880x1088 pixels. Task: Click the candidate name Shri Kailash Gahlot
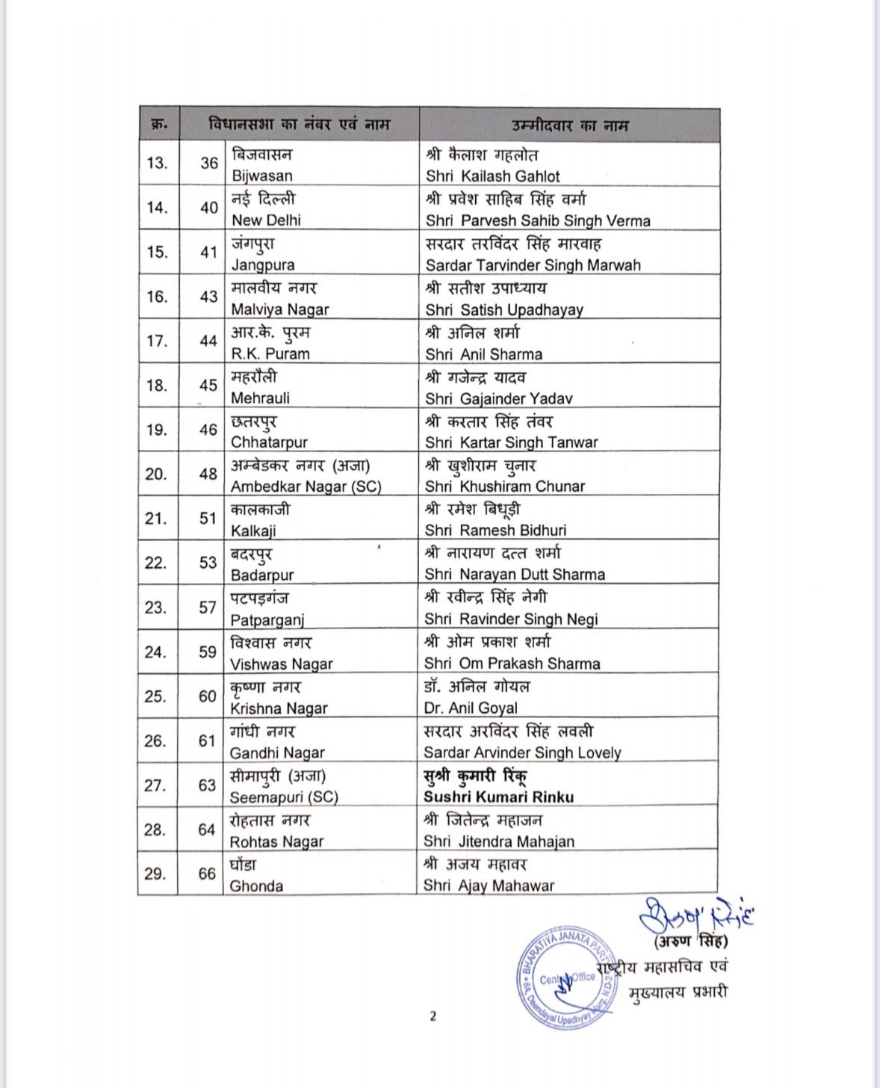tap(492, 176)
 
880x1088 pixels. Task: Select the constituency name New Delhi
tap(266, 220)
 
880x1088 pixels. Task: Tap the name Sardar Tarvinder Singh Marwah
tap(533, 265)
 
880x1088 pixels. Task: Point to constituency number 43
tap(208, 297)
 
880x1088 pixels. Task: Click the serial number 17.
tap(157, 341)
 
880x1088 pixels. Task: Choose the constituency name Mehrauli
tap(260, 398)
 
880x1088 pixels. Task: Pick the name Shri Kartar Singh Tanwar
tap(511, 442)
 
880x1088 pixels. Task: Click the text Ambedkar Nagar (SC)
tap(306, 486)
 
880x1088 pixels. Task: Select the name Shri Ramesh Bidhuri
tap(495, 531)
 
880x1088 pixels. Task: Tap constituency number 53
tap(208, 563)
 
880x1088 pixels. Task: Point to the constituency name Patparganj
tap(267, 619)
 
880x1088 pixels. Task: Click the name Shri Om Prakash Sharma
tap(512, 664)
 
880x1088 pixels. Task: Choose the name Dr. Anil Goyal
tap(471, 708)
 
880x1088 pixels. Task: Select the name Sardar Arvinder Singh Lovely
tap(522, 752)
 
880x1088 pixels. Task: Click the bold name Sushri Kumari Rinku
tap(498, 797)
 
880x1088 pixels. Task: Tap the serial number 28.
tap(155, 829)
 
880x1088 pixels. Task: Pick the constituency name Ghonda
tap(256, 886)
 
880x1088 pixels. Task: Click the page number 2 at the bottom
tap(433, 1016)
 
